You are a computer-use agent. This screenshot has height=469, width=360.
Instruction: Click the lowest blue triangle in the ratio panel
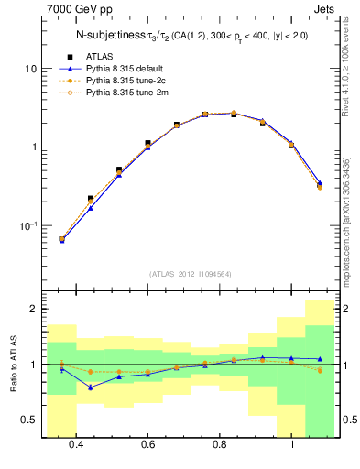(x=91, y=387)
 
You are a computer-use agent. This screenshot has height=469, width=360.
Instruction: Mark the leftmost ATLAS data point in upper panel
(x=61, y=240)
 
